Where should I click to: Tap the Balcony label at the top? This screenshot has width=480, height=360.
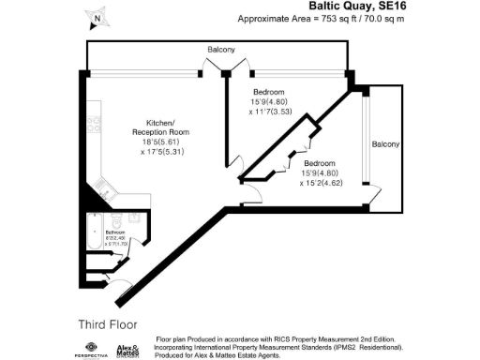pos(221,49)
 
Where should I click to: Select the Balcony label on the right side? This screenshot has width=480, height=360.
pos(384,144)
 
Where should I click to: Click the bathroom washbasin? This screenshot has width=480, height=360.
pos(134,217)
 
